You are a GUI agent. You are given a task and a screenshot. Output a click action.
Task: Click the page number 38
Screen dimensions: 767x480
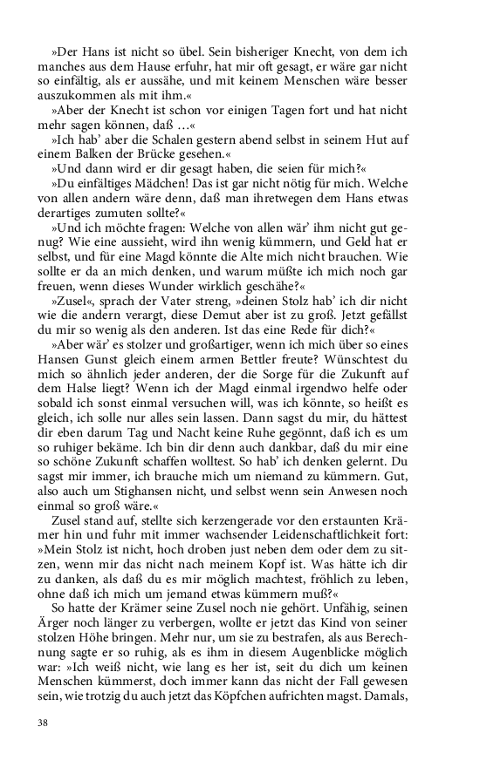[x=43, y=723]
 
